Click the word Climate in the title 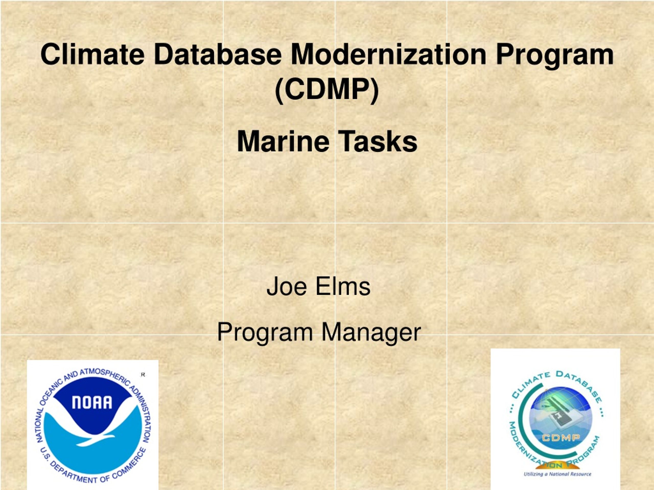[x=92, y=54]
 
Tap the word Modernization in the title [x=389, y=54]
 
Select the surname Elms [x=343, y=286]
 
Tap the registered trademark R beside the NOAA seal [x=143, y=375]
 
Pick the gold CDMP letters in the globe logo [x=561, y=437]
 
